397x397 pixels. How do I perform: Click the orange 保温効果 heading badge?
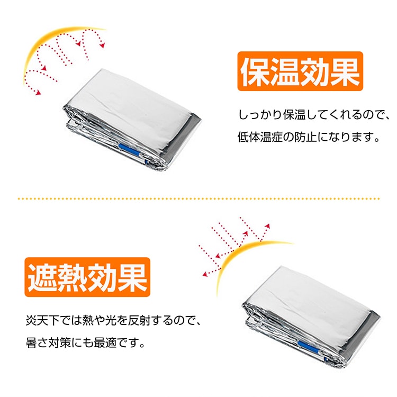[300, 71]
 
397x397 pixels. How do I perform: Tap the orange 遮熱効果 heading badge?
[87, 277]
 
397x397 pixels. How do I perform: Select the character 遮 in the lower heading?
[42, 278]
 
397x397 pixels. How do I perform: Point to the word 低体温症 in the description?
[260, 137]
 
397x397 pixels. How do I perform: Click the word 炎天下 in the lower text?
[42, 321]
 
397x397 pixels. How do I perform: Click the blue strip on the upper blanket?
[129, 150]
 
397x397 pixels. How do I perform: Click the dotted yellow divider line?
[198, 198]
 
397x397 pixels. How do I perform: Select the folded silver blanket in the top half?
[132, 120]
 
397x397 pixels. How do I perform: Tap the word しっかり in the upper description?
[260, 115]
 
